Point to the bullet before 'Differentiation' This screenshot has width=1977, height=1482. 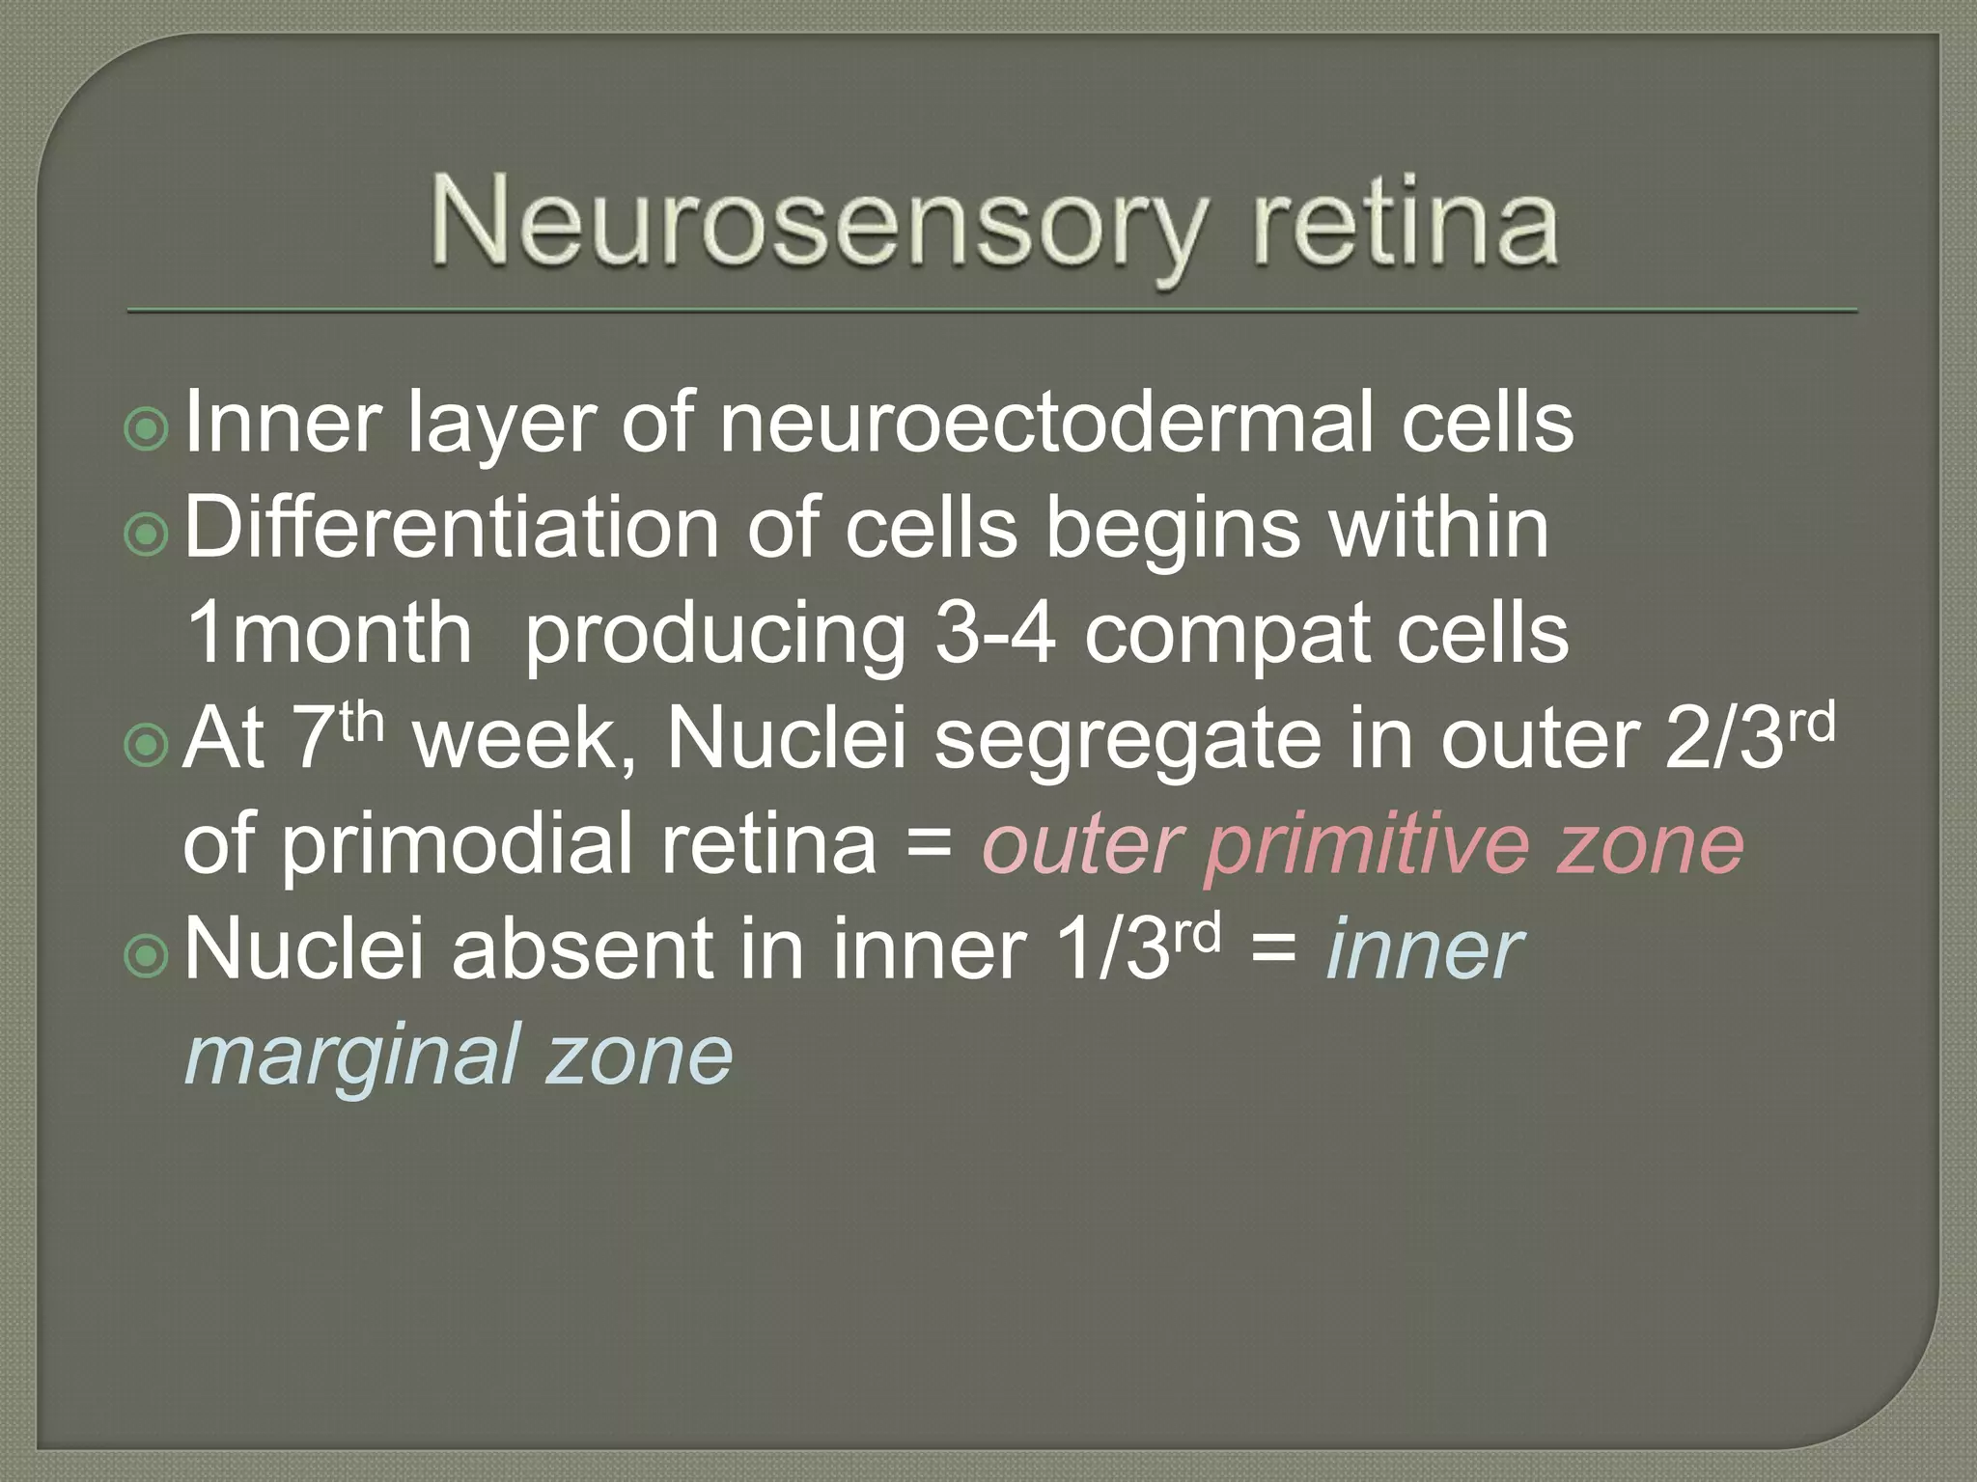click(x=147, y=534)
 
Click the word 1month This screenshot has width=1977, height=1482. click(x=328, y=634)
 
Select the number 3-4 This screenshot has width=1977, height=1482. click(x=995, y=634)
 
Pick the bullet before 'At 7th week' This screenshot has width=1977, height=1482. click(x=147, y=744)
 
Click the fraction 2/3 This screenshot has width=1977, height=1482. click(x=1723, y=741)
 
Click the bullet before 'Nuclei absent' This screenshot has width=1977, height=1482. click(x=147, y=955)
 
